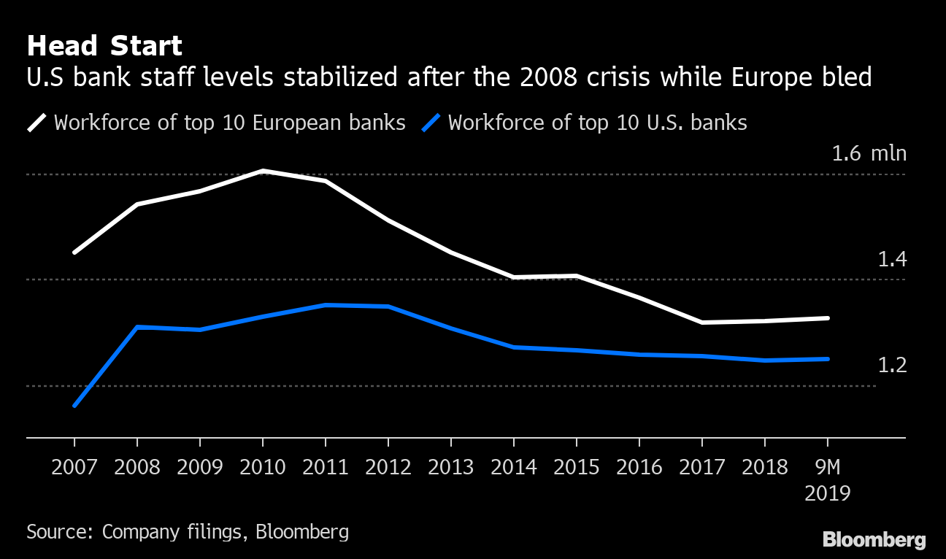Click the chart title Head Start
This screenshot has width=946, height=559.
pyautogui.click(x=104, y=46)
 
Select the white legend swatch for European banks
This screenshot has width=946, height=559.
pyautogui.click(x=36, y=123)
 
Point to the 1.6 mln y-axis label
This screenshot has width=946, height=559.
pyautogui.click(x=869, y=154)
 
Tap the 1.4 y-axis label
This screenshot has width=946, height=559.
pyautogui.click(x=891, y=259)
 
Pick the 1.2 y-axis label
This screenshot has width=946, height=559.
pyautogui.click(x=891, y=365)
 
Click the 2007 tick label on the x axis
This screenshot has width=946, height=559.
pyautogui.click(x=74, y=467)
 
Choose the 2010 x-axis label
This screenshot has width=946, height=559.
pyautogui.click(x=263, y=467)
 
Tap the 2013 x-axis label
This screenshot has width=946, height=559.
pyautogui.click(x=451, y=467)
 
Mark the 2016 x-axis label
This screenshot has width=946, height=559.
pyautogui.click(x=639, y=467)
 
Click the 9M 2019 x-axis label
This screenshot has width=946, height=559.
pyautogui.click(x=827, y=479)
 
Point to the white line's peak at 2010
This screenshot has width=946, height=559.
pyautogui.click(x=263, y=171)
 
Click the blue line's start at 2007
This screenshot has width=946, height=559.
pyautogui.click(x=74, y=406)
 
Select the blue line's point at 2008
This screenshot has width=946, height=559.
pyautogui.click(x=137, y=327)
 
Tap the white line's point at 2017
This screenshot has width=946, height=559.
pyautogui.click(x=702, y=323)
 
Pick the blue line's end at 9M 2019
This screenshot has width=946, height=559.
pyautogui.click(x=827, y=359)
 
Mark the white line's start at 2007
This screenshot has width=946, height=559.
pyautogui.click(x=74, y=252)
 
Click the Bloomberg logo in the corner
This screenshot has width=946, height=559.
pyautogui.click(x=874, y=540)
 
